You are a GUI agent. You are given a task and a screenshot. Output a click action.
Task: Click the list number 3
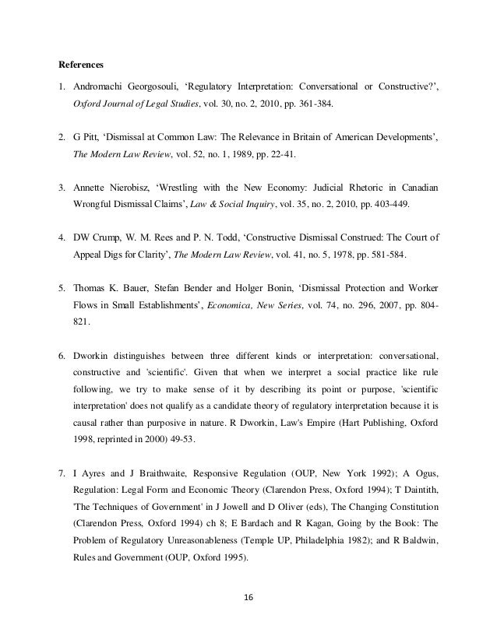pyautogui.click(x=62, y=188)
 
